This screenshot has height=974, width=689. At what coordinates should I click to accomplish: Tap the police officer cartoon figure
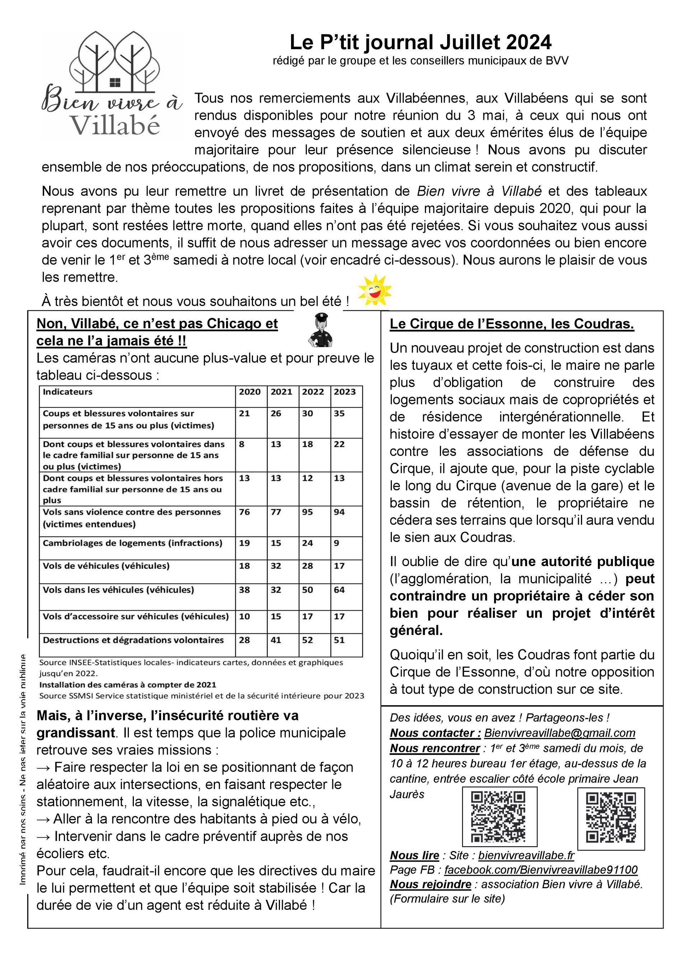point(320,330)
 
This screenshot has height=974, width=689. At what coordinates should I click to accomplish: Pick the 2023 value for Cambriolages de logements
point(337,543)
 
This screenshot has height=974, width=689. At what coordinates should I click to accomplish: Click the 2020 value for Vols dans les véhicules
point(244,590)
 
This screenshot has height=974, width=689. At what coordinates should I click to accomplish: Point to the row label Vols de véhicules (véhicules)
point(106,566)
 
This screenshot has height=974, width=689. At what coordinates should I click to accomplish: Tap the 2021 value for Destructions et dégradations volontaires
point(276,640)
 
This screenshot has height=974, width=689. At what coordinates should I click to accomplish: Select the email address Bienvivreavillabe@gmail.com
point(559,733)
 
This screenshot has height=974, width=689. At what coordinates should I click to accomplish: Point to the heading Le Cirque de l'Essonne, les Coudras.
point(512,324)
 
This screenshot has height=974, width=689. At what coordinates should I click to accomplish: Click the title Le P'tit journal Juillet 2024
point(421,42)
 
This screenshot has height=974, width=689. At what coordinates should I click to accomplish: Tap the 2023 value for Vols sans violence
point(339,512)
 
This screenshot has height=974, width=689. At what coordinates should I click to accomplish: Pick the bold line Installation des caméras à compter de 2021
point(128,685)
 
